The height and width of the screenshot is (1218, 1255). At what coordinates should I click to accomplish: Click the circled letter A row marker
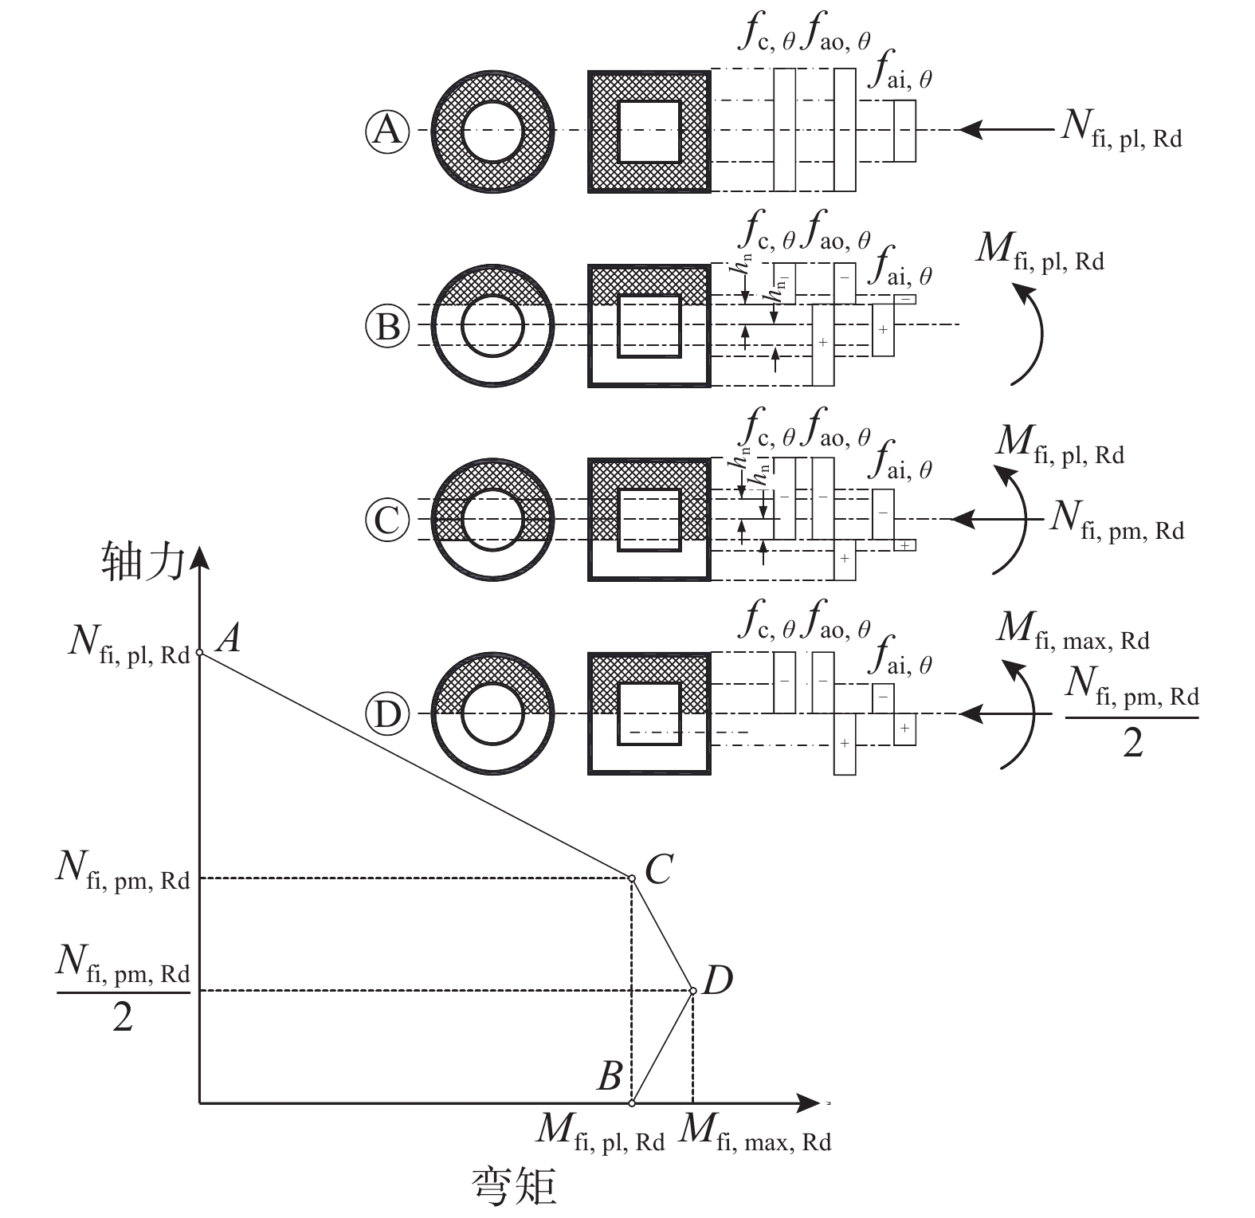click(387, 130)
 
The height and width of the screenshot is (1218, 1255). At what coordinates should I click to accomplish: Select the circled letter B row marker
click(387, 326)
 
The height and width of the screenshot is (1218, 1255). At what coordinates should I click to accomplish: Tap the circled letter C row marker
click(387, 521)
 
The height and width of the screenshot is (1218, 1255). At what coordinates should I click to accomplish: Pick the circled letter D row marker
click(387, 714)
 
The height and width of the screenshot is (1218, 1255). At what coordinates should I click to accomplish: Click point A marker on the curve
click(199, 653)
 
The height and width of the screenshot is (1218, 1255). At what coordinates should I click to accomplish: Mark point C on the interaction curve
click(632, 878)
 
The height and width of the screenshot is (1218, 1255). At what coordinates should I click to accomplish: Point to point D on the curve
click(693, 991)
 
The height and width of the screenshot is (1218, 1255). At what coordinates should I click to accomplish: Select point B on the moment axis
click(632, 1103)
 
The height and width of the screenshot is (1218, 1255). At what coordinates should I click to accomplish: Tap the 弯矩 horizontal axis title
click(515, 1185)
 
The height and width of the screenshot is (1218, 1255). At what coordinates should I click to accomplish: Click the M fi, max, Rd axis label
click(755, 1133)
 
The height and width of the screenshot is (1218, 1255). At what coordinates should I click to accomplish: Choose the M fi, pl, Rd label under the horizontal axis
click(602, 1133)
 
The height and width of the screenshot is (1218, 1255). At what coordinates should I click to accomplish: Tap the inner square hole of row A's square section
click(649, 131)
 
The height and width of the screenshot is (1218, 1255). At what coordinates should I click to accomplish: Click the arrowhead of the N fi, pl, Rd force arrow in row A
click(971, 129)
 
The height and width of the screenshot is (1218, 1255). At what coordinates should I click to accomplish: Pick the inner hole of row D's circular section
click(493, 714)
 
